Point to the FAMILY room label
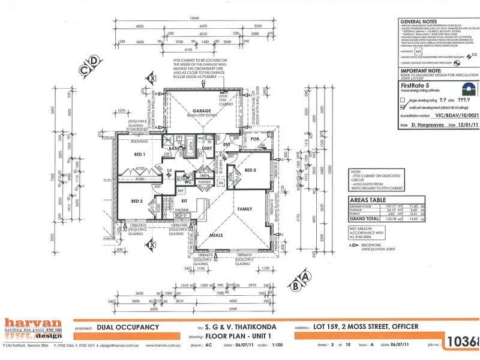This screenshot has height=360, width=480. coord(245,208)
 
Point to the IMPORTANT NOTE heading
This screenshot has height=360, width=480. coord(417,70)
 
